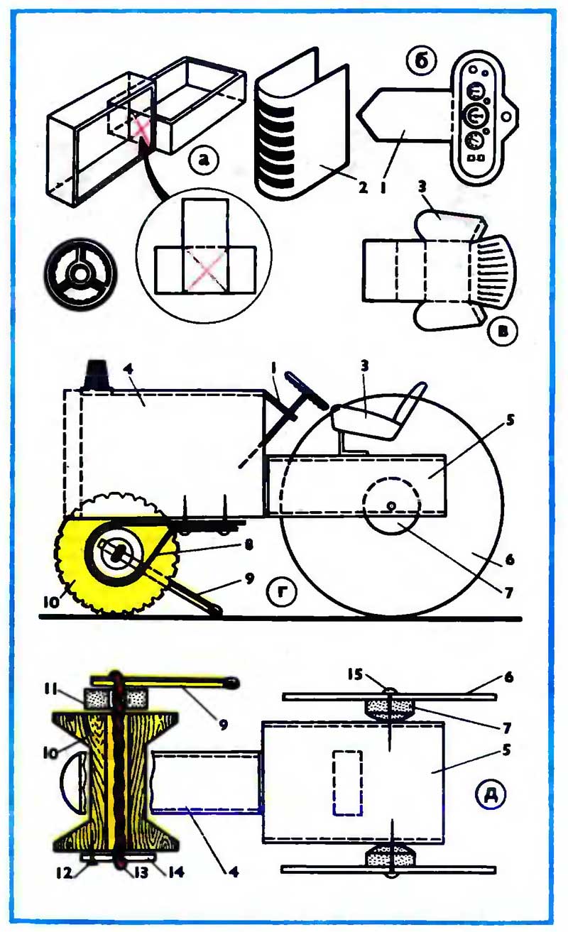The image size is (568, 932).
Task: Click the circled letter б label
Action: click(x=421, y=62)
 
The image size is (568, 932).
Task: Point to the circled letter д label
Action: click(x=490, y=794)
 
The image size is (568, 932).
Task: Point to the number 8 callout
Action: click(x=248, y=544)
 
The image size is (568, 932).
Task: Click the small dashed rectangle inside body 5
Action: click(x=348, y=780)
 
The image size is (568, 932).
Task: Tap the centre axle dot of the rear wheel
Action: click(x=390, y=505)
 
